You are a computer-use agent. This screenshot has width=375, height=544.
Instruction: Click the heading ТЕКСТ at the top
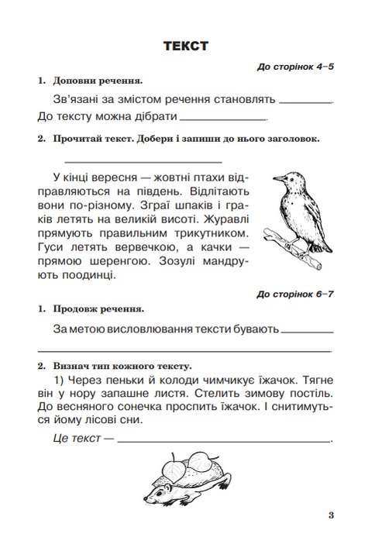click(187, 46)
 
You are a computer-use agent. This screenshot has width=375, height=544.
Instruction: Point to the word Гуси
click(50, 247)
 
